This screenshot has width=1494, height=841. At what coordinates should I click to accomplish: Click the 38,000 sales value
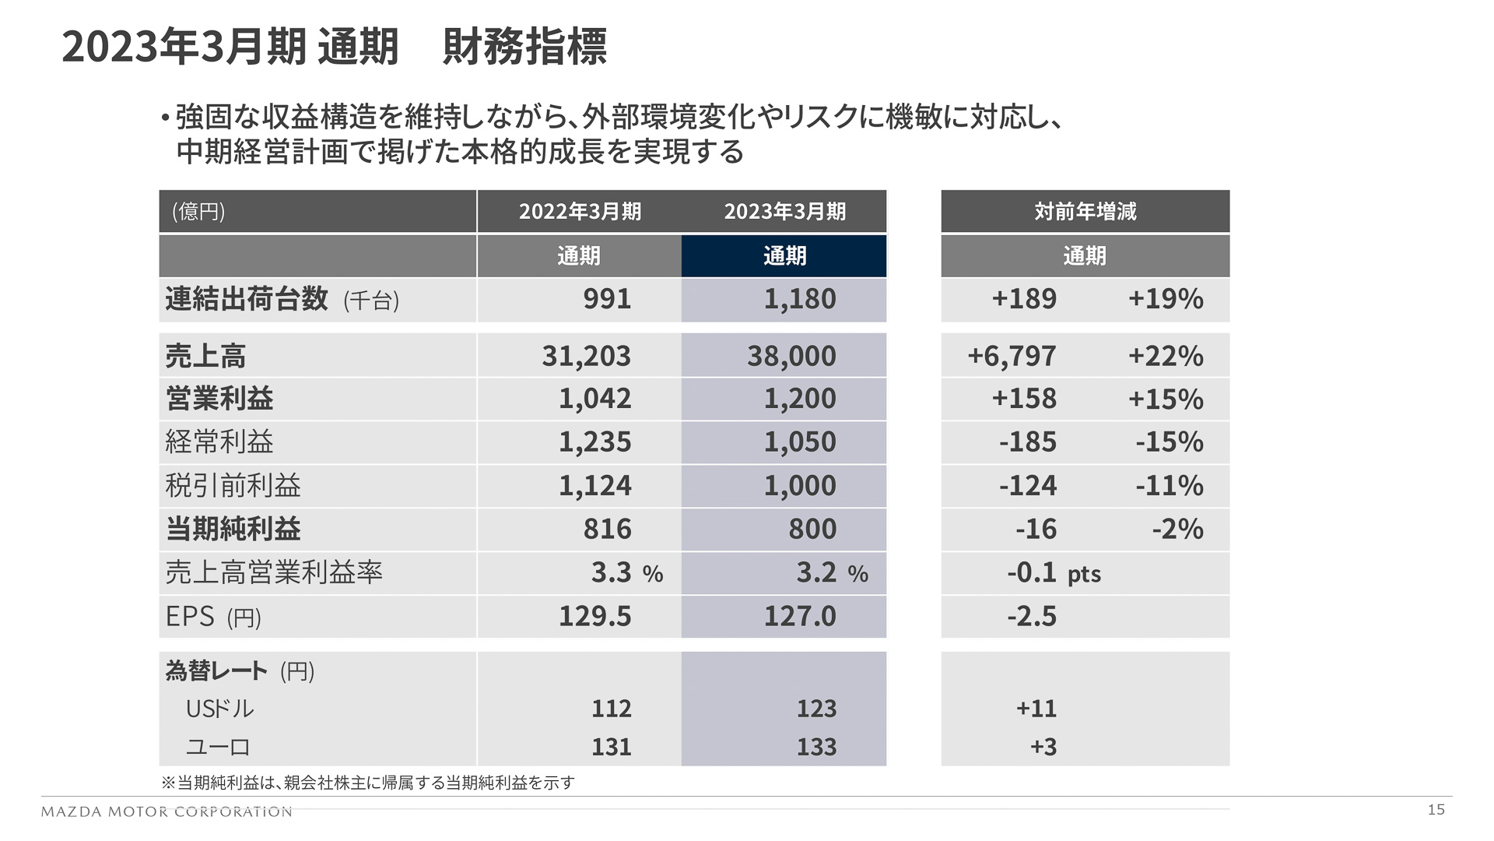pos(791,356)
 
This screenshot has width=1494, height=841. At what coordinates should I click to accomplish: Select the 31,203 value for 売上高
pos(586,356)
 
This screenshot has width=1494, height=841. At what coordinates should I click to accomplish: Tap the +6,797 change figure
pos(1012,356)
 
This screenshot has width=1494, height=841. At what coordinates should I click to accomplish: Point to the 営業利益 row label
pos(219,399)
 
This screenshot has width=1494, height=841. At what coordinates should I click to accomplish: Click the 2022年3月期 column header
pos(580,211)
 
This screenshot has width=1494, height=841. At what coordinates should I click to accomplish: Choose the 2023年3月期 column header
pos(784,211)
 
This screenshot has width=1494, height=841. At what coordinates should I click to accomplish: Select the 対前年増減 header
pos(1085,211)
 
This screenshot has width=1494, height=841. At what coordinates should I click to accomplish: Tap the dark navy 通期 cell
pos(784,255)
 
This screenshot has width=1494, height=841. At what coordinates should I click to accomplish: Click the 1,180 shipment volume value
pos(799,299)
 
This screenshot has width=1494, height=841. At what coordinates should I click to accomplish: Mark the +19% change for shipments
pos(1165,299)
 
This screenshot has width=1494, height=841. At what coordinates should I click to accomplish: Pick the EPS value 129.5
pos(594,616)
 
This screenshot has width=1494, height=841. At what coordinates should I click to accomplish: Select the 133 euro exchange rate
pos(816,747)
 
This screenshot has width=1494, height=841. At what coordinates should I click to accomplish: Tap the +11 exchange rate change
pos(1036,709)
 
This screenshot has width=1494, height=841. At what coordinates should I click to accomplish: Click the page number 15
pos(1436,810)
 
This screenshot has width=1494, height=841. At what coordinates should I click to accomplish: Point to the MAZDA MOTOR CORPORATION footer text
pos(167,811)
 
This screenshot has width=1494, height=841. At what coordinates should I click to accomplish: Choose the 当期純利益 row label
pos(233,530)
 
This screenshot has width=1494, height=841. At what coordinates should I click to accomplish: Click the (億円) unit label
pos(198,211)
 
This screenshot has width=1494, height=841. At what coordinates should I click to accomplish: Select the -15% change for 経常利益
pos(1169,442)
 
